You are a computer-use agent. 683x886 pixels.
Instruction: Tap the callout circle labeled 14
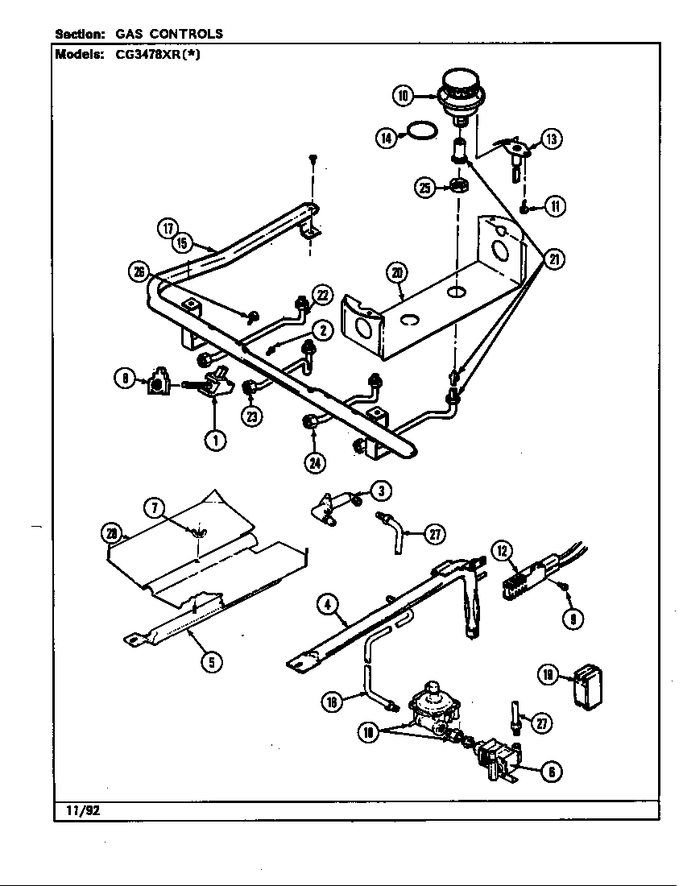(x=387, y=139)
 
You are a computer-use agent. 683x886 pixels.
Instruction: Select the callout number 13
(x=551, y=139)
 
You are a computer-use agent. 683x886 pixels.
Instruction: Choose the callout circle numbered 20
(x=396, y=274)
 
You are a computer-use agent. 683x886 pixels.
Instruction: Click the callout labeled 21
(x=554, y=259)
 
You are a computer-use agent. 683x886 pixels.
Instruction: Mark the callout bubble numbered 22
(x=322, y=296)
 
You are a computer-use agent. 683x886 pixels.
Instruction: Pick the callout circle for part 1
(x=214, y=439)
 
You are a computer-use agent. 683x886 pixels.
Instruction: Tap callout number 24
(x=314, y=462)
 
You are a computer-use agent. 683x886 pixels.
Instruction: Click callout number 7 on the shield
(x=155, y=507)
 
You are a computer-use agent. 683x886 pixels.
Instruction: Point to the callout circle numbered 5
(x=211, y=662)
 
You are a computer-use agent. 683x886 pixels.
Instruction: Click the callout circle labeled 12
(x=503, y=551)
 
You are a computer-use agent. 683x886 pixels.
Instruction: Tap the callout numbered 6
(x=551, y=771)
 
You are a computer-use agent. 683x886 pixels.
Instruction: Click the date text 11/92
(x=78, y=811)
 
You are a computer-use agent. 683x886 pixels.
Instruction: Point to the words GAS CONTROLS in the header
(x=169, y=34)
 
